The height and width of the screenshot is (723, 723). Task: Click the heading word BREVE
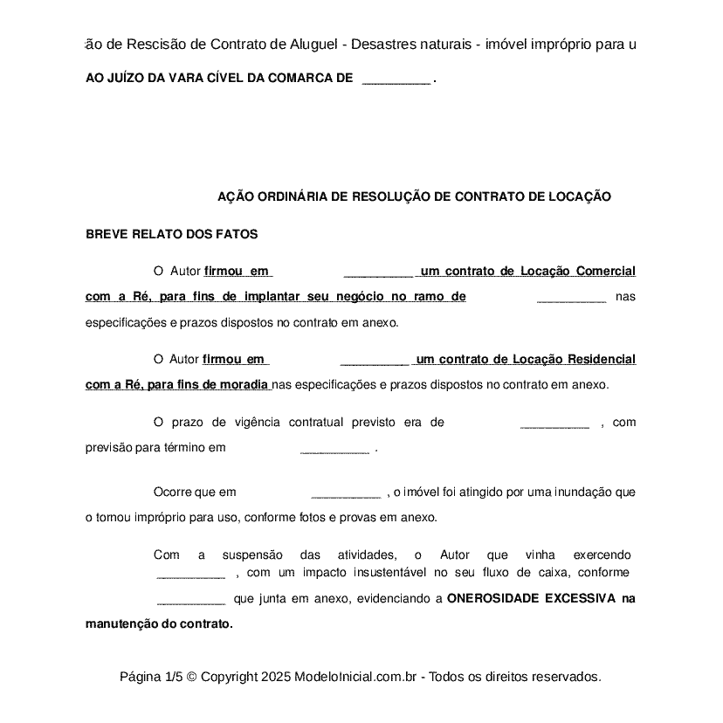(x=104, y=235)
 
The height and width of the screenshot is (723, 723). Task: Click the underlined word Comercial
(x=605, y=272)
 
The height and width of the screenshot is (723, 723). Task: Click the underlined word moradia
(x=247, y=385)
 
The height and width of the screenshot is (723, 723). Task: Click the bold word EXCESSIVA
(x=580, y=600)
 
